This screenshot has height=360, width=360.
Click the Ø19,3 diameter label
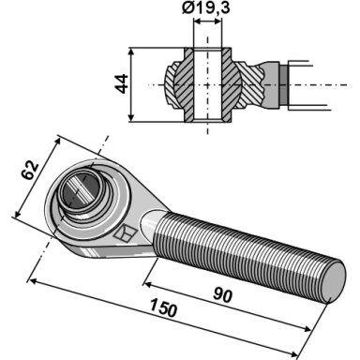[x=206, y=7]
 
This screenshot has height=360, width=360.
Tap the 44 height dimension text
[x=122, y=83]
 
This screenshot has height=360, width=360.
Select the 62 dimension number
[x=30, y=171]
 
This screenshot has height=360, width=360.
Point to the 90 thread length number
[x=223, y=295]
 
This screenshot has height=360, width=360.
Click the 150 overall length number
[x=163, y=307]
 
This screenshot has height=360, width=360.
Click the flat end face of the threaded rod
[x=333, y=282]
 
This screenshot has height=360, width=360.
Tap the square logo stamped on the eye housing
[x=126, y=233]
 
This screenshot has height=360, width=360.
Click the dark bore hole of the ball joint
[x=81, y=190]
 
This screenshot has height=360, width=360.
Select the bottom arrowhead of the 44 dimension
[x=132, y=117]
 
